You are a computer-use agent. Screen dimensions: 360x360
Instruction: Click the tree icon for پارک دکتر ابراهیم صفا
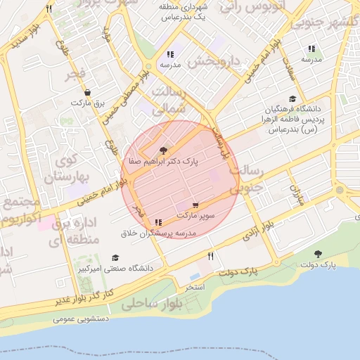coord(164,150)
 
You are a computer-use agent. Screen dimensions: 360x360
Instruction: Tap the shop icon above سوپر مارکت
coord(195,205)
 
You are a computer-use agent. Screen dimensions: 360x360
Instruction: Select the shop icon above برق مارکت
coord(86,92)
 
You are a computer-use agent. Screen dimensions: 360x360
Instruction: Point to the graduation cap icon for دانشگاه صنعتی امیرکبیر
coord(115,258)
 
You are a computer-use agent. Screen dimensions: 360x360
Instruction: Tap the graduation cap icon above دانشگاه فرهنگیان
coord(292,99)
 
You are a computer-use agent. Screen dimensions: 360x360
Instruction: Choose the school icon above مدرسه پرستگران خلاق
coord(157,222)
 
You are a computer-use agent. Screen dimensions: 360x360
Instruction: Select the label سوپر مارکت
coord(195,215)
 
